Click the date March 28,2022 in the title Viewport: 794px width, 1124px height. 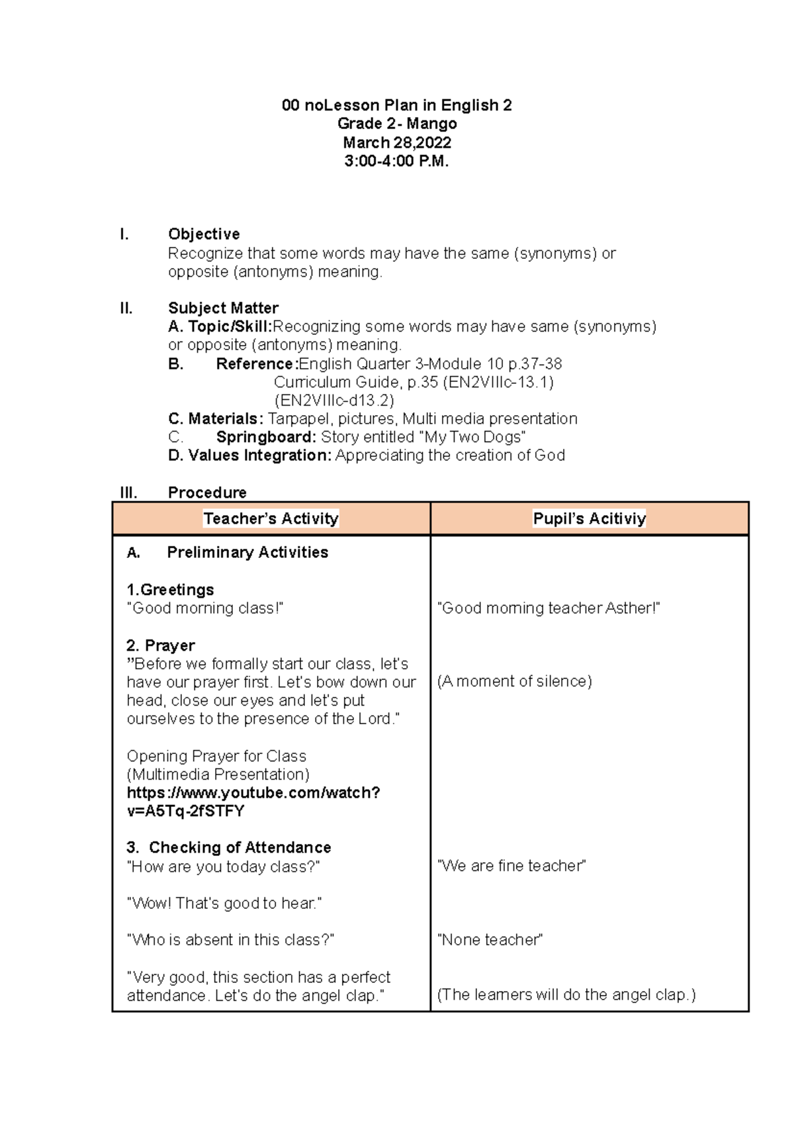tap(396, 142)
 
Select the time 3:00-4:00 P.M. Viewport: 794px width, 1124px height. tap(396, 161)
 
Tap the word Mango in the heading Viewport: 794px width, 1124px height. tap(431, 124)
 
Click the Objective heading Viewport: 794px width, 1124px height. tap(204, 234)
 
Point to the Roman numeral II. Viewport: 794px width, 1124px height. tap(126, 308)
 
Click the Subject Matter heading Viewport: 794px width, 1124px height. tap(223, 308)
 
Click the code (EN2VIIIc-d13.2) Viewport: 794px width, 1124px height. tap(334, 400)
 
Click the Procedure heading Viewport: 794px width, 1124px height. tap(207, 492)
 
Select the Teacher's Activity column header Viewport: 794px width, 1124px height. tap(271, 519)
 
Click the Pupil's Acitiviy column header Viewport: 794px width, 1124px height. tap(589, 519)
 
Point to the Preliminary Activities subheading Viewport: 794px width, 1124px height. tap(247, 553)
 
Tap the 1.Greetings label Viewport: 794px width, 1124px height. tap(170, 590)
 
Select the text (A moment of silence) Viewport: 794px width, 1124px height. tap(514, 681)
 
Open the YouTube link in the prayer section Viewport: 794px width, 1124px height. tap(253, 802)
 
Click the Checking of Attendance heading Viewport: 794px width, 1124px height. tap(240, 848)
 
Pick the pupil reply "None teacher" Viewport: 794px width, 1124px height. tap(490, 940)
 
